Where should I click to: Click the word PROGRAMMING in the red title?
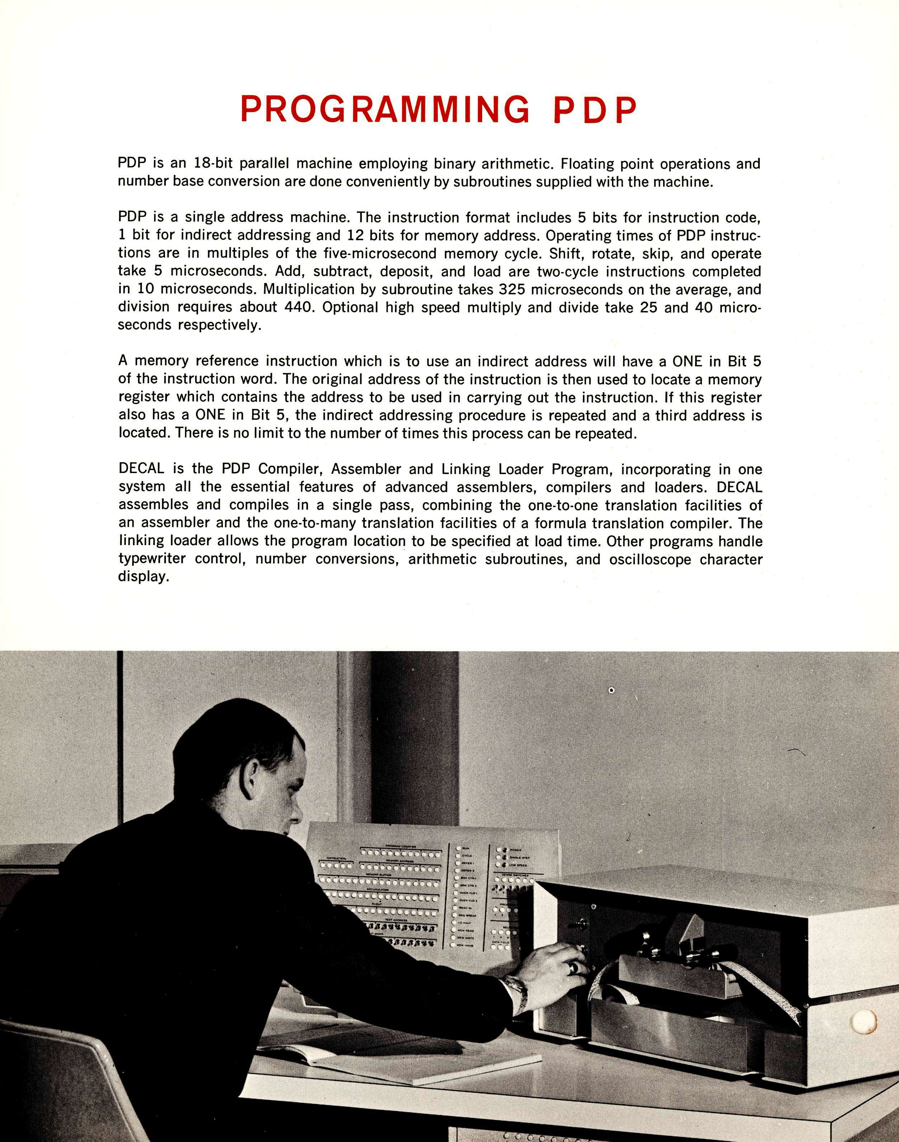[385, 109]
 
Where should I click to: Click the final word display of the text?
[143, 577]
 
